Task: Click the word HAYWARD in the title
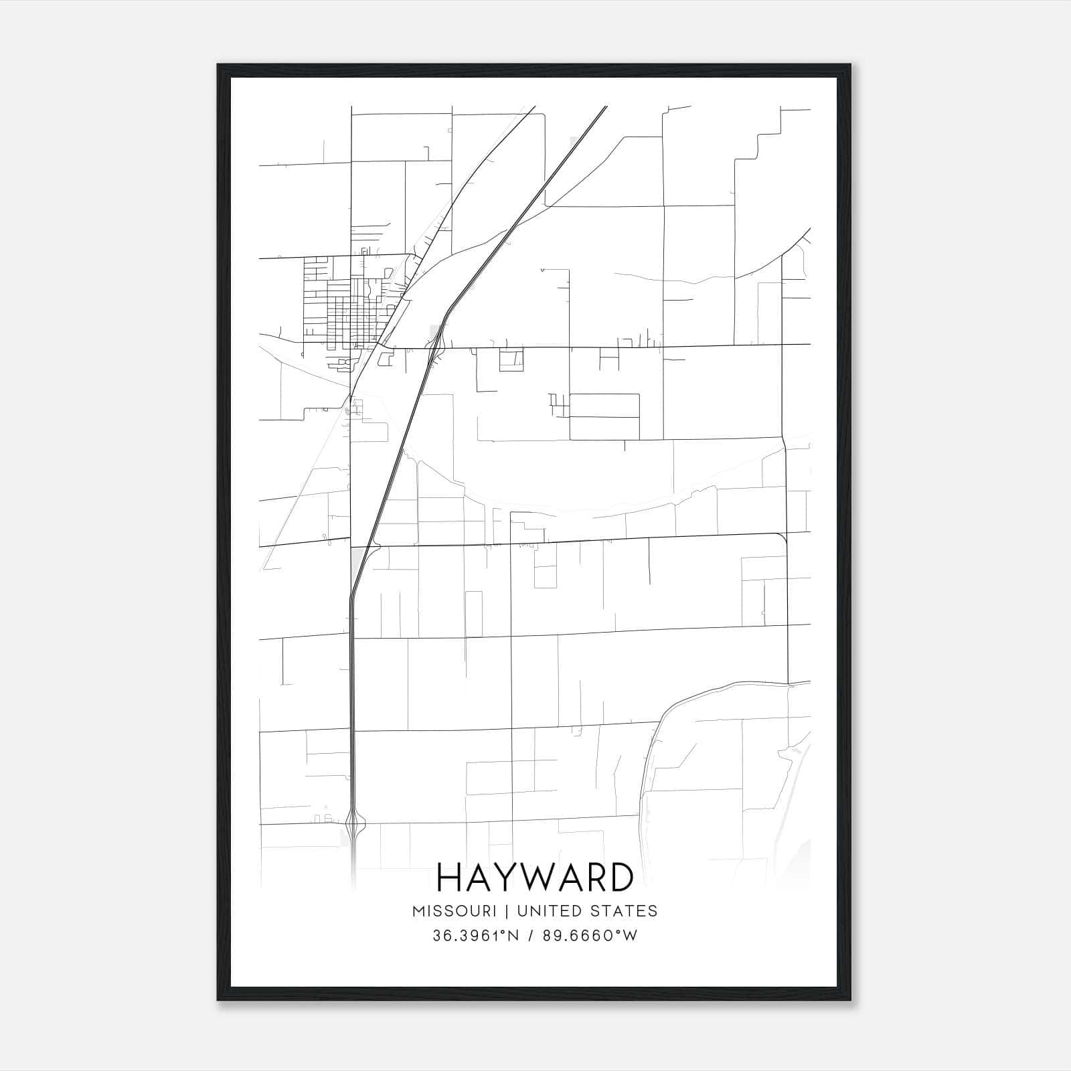(535, 878)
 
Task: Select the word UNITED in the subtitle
(552, 910)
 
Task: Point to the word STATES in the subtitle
(625, 910)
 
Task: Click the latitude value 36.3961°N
(476, 936)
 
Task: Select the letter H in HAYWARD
(450, 878)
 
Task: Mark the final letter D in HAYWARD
(620, 878)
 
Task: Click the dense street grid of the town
(345, 305)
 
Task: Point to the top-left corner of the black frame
(219, 66)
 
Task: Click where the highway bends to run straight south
(351, 596)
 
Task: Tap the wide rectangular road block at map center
(604, 416)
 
